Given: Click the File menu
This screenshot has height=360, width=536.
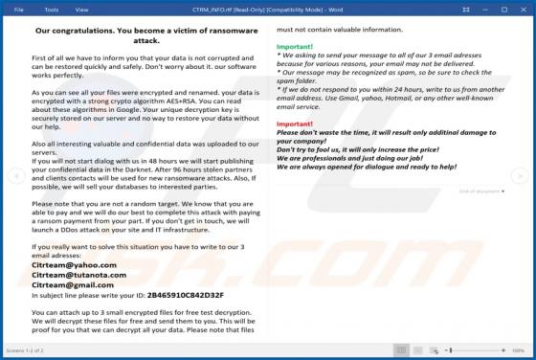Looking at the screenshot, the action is pos(17,10).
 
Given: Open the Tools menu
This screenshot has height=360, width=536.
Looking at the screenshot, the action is pos(51,10).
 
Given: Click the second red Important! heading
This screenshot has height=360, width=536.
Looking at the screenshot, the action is pos(295,124).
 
